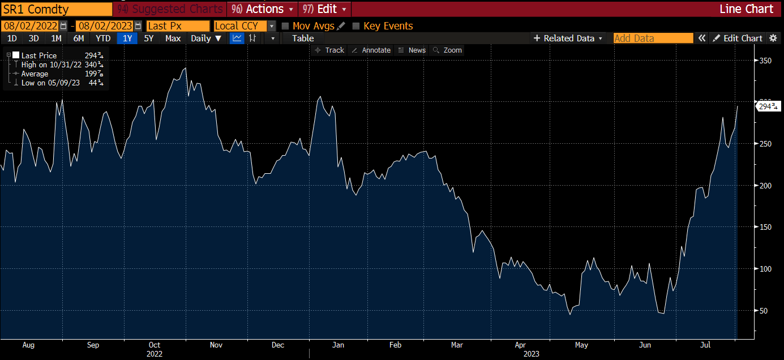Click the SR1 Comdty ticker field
[57, 9]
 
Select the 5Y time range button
[148, 38]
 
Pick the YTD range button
[103, 38]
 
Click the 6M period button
[79, 38]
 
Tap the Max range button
[173, 38]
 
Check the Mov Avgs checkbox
[285, 26]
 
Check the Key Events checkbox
[356, 26]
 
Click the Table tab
[303, 38]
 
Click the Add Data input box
[653, 38]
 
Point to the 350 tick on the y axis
[764, 61]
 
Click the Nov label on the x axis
[216, 345]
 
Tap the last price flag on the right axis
[768, 106]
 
